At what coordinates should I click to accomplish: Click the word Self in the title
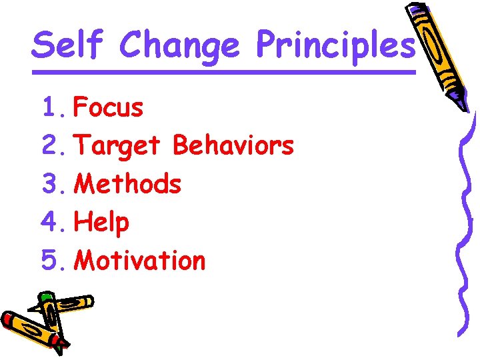pyautogui.click(x=69, y=45)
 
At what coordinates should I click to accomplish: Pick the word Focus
pyautogui.click(x=108, y=107)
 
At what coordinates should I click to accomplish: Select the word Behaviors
pyautogui.click(x=233, y=145)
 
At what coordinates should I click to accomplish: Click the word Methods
pyautogui.click(x=127, y=183)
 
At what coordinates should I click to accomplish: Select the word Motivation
pyautogui.click(x=139, y=260)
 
